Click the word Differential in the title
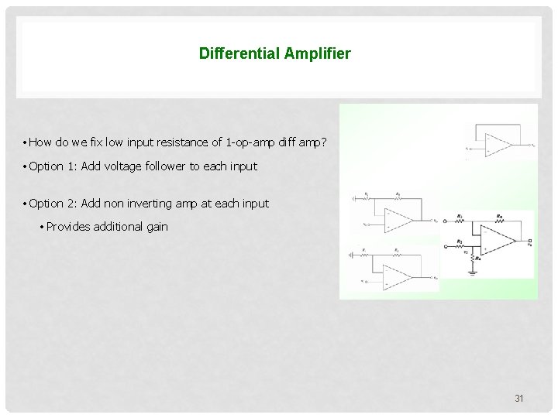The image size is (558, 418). click(239, 53)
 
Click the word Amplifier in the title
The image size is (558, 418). click(317, 53)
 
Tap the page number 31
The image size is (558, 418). click(519, 399)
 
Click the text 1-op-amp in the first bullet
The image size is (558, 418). click(245, 142)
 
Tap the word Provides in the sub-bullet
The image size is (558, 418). click(67, 227)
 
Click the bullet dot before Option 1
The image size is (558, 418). click(25, 166)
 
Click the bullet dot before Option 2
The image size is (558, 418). click(25, 204)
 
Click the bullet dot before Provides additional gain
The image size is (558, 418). click(42, 227)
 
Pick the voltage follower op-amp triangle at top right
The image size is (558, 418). click(497, 144)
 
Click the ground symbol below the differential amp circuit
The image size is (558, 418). click(474, 272)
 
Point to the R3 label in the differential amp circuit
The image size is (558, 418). click(460, 241)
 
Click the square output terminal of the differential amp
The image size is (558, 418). click(529, 242)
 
